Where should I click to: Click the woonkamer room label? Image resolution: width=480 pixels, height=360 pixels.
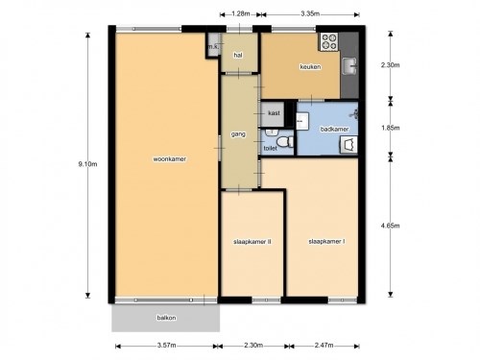169,159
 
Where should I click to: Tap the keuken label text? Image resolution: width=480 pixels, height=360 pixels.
310,67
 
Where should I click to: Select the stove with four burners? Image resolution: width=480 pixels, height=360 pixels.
329,42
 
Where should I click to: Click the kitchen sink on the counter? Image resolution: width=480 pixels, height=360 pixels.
349,66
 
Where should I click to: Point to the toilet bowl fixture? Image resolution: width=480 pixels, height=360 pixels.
285,141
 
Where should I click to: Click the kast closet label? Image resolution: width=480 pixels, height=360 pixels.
274,113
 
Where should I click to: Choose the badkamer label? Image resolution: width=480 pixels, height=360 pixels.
334,129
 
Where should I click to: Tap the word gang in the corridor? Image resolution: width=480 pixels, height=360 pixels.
238,134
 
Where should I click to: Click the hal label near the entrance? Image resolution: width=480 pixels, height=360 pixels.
238,55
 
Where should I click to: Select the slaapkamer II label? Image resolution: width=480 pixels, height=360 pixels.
252,242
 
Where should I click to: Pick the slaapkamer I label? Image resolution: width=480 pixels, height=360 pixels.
326,241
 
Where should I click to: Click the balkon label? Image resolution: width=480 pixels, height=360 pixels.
166,318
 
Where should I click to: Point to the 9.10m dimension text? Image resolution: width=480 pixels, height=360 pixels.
87,164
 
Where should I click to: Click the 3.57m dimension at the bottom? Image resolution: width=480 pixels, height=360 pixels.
166,346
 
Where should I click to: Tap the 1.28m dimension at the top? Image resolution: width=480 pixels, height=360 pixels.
240,13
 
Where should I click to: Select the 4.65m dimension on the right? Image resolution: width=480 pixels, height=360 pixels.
390,226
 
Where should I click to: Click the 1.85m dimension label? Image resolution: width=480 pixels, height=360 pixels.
390,128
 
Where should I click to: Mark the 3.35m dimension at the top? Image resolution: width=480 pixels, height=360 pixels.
310,13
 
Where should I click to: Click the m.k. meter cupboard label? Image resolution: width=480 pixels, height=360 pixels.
213,47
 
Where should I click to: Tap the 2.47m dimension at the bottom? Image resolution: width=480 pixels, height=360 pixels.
324,346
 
